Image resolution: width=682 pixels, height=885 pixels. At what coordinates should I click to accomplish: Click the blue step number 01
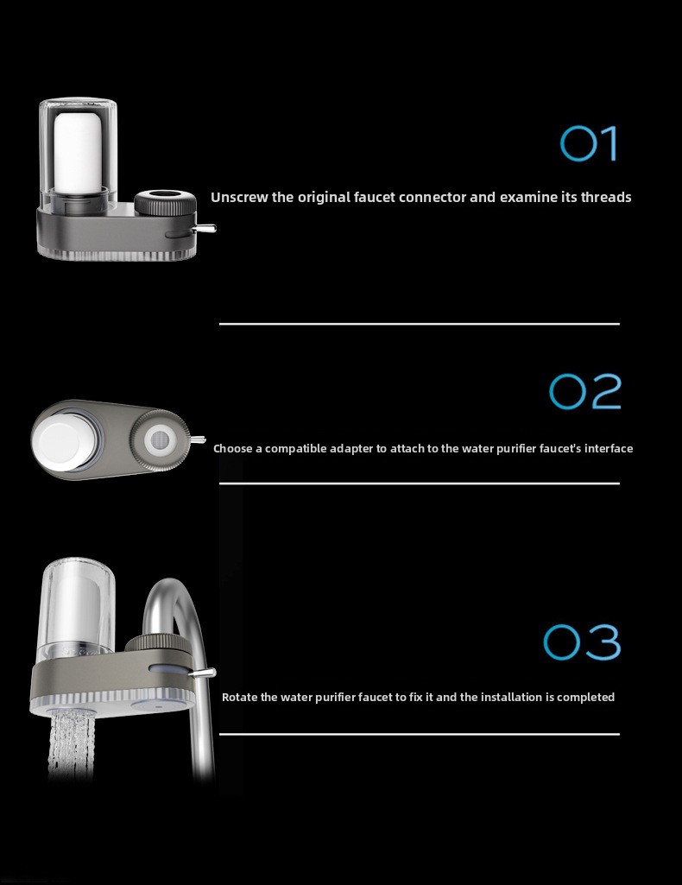(x=589, y=143)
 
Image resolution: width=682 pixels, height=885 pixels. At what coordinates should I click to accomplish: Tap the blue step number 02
(x=585, y=391)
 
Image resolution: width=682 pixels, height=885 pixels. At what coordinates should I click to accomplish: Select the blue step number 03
(x=582, y=642)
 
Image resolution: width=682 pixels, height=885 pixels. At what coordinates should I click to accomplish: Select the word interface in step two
(x=609, y=449)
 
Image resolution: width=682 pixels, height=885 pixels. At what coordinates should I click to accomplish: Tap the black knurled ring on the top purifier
(x=165, y=202)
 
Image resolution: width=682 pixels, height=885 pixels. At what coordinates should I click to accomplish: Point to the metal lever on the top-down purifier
(x=197, y=439)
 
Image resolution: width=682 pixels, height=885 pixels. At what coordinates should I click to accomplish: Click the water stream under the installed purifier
(x=70, y=744)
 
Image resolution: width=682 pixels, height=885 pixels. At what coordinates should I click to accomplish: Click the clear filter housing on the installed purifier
(x=76, y=610)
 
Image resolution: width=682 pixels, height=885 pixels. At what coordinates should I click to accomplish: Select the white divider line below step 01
(x=420, y=324)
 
